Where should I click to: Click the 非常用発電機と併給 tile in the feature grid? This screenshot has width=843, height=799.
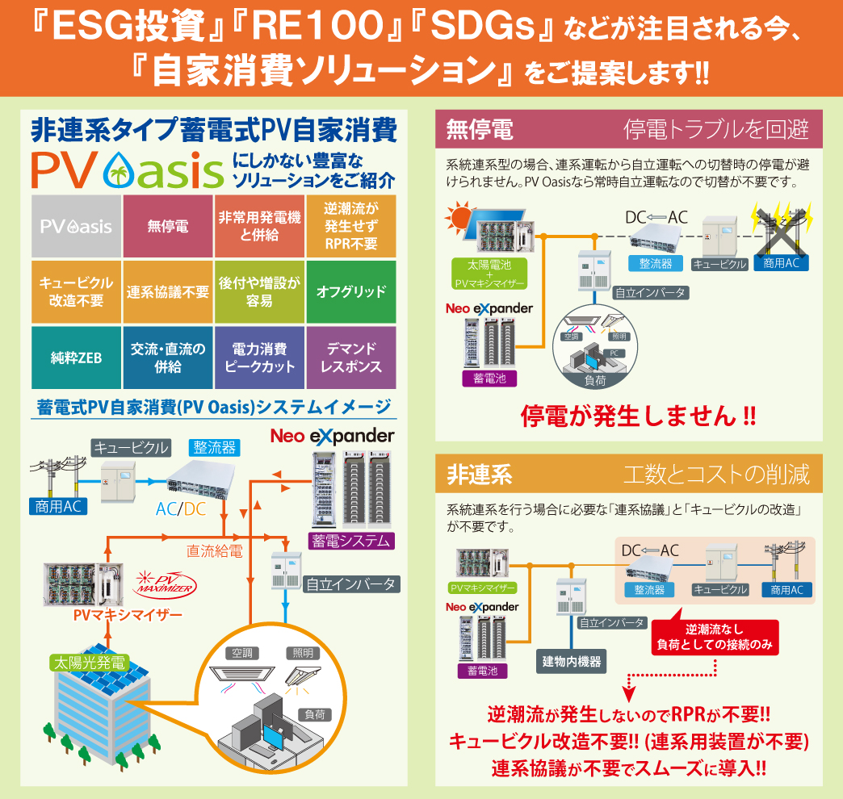point(259,227)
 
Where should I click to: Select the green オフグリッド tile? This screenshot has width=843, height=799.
point(351,291)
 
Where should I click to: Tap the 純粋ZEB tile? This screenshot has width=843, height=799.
point(77,358)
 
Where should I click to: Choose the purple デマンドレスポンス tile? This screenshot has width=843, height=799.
point(351,358)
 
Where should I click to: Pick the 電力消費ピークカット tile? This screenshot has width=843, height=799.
point(259,358)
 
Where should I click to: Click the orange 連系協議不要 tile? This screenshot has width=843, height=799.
point(168,291)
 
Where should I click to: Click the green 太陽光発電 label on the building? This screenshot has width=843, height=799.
point(88,663)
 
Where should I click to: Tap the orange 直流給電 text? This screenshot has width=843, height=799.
point(214,551)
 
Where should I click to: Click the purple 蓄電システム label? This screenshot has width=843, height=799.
point(350,541)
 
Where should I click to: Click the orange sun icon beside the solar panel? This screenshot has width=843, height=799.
point(462,217)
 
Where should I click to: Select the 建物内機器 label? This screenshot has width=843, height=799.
point(571,662)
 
